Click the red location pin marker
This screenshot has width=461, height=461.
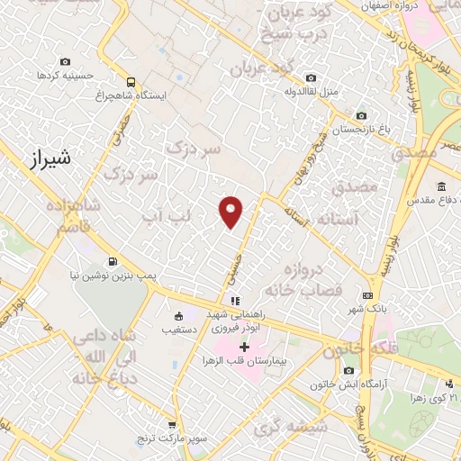[x=231, y=212]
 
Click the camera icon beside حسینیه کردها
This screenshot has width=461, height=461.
[x=65, y=61]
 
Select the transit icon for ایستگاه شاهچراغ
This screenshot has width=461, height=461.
[x=131, y=81]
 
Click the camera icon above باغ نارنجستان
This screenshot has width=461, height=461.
[x=361, y=115]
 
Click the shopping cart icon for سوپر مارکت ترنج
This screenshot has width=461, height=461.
[x=172, y=422]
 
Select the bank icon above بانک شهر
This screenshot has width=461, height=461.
[x=367, y=295]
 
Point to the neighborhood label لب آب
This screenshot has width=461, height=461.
[x=168, y=217]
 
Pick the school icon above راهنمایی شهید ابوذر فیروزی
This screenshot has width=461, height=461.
[x=235, y=301]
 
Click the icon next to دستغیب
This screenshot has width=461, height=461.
[x=177, y=316]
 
